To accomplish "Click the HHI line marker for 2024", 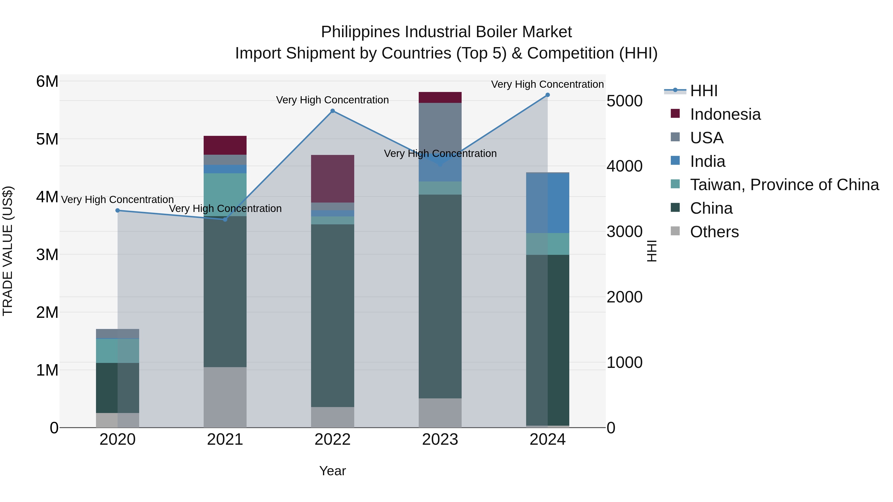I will coord(547,95).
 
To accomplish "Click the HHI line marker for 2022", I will coord(332,111).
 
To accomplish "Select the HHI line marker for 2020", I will coord(118,210).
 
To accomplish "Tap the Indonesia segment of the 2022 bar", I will coord(332,178).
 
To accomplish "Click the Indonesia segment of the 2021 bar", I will coord(225,145).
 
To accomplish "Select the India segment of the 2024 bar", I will coord(547,203).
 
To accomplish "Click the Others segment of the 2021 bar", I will coord(225,397).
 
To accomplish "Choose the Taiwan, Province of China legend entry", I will coord(784,185).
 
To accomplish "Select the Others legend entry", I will coord(714,232).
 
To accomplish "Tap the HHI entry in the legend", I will coord(703,91).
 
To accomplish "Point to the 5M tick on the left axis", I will coord(47,139).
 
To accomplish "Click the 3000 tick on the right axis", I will coord(624,232).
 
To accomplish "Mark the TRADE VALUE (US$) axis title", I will coord(8,251).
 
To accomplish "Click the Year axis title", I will coord(332,471).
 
